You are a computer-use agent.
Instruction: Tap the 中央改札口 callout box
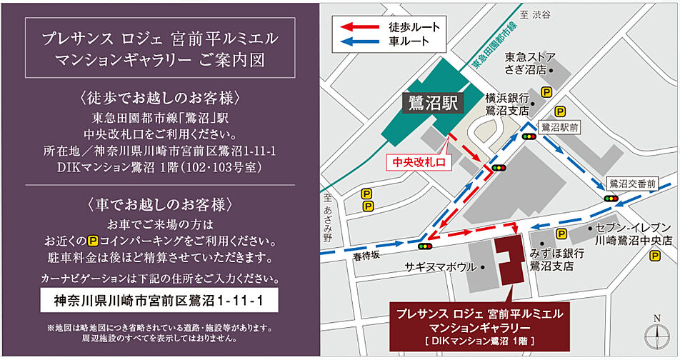point(419,163)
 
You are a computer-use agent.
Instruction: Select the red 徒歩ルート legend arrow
point(361,26)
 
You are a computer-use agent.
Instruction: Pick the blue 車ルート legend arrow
point(361,41)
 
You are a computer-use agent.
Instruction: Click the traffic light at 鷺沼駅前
point(529,136)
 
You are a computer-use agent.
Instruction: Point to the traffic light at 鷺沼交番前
point(611,199)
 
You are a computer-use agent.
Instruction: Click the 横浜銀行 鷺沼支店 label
point(507,104)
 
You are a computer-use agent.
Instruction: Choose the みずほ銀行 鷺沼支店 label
point(552,259)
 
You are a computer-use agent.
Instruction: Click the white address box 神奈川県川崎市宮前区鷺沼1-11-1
point(159,301)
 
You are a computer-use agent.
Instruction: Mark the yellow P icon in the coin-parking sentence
point(93,240)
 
